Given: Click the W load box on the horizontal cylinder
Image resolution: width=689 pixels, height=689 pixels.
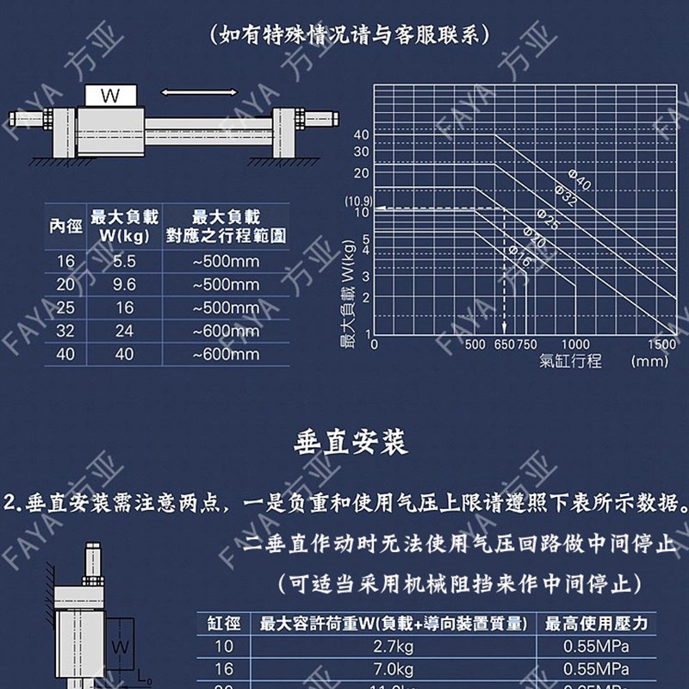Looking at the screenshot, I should (110, 96).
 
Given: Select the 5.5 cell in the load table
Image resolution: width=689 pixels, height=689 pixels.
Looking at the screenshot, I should (125, 261).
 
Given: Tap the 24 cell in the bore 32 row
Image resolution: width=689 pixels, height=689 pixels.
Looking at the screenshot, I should (125, 331).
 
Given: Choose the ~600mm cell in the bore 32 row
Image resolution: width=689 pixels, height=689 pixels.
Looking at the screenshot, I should (226, 331).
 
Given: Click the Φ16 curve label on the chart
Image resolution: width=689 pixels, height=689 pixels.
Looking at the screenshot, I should (520, 255).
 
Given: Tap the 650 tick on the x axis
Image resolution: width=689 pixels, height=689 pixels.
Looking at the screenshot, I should (503, 344).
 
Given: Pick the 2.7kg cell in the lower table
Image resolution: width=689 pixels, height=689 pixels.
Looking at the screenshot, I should (392, 647).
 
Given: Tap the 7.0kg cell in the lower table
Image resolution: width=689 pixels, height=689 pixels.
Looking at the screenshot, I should (392, 669).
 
